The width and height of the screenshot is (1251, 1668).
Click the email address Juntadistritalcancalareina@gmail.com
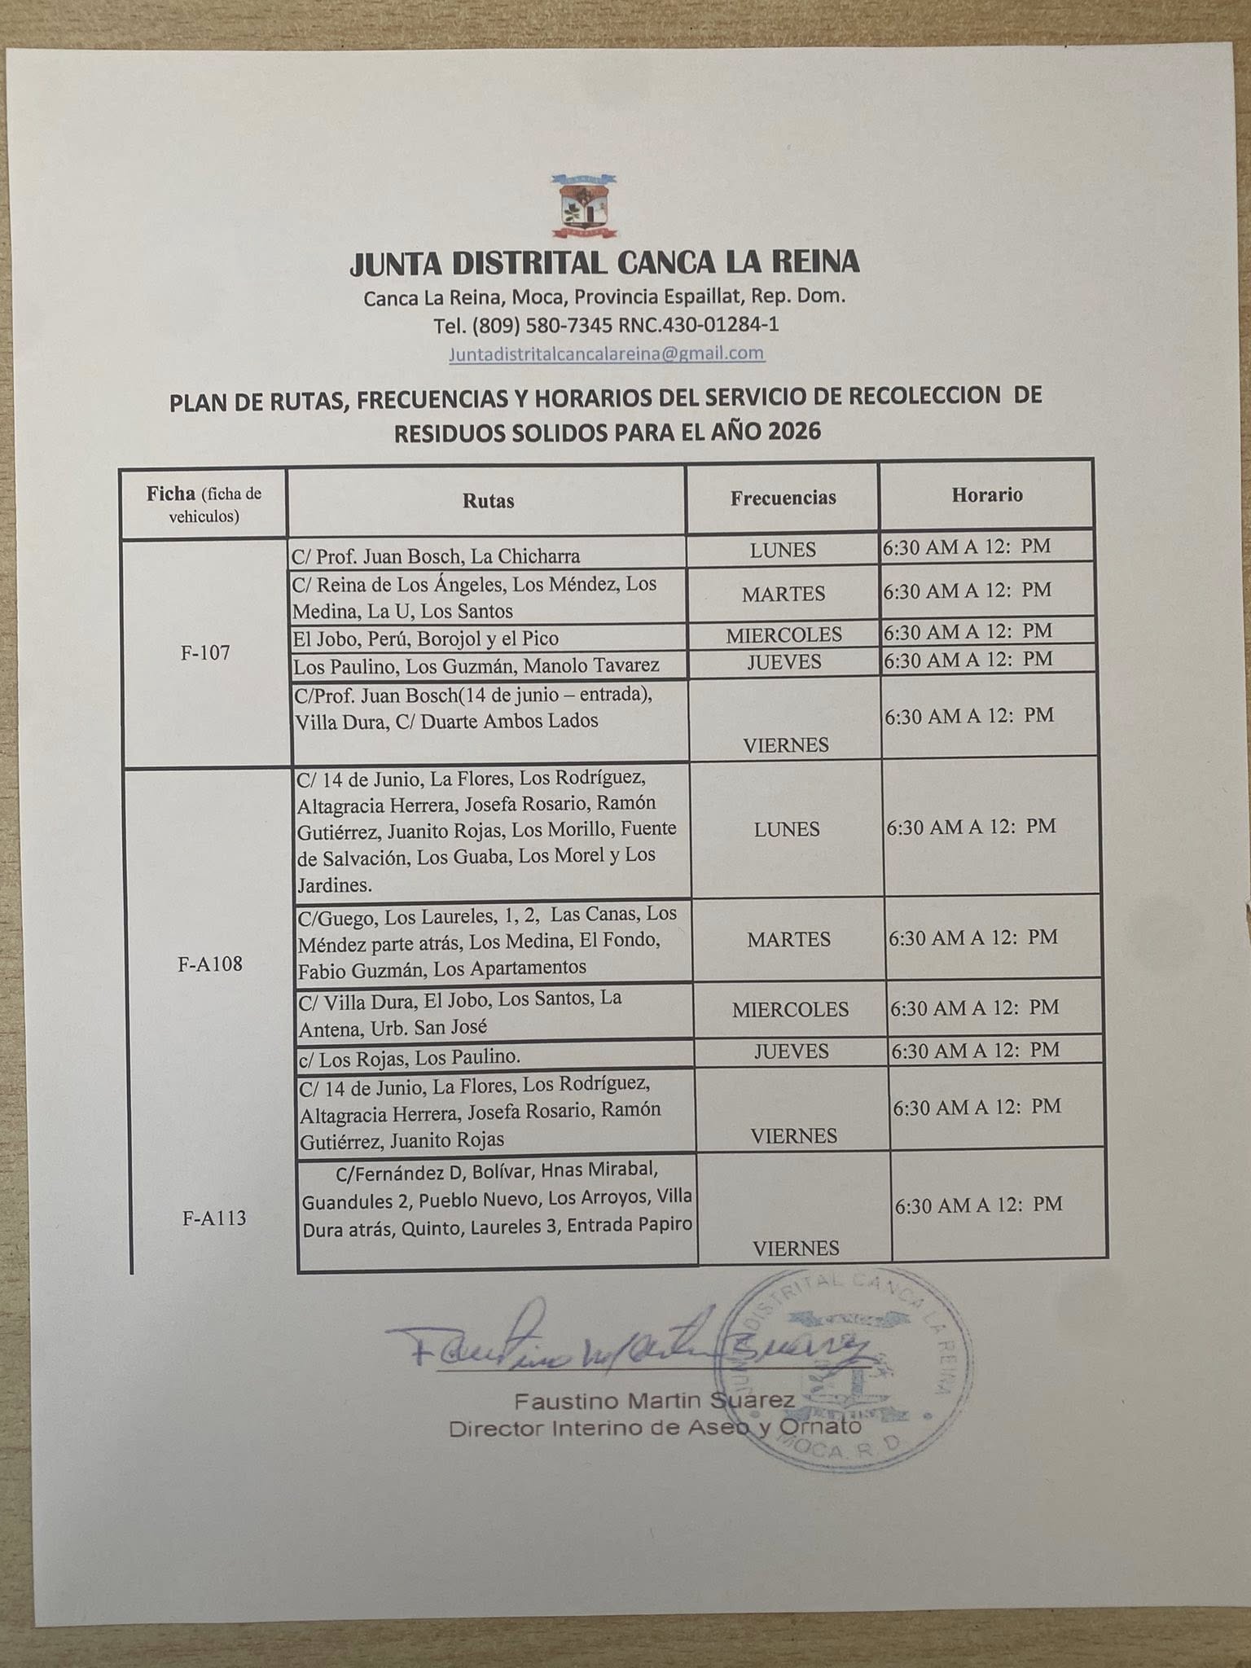(606, 353)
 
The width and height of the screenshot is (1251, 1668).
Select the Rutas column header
(488, 501)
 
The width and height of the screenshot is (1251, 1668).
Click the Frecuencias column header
(783, 498)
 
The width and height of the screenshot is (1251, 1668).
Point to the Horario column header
(987, 494)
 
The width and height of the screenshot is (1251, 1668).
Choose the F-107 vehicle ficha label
(205, 652)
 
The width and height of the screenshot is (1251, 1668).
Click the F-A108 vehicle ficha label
(210, 965)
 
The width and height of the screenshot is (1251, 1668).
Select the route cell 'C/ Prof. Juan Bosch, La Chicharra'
(437, 556)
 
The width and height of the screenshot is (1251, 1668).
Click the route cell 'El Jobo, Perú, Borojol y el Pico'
(426, 638)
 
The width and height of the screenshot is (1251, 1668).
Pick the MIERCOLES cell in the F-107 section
(784, 634)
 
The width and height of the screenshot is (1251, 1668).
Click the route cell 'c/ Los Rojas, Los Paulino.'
(410, 1057)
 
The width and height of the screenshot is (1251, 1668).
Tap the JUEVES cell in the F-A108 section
(791, 1051)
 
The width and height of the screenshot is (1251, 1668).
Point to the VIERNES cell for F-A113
(796, 1248)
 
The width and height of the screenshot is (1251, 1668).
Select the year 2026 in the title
(793, 432)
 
